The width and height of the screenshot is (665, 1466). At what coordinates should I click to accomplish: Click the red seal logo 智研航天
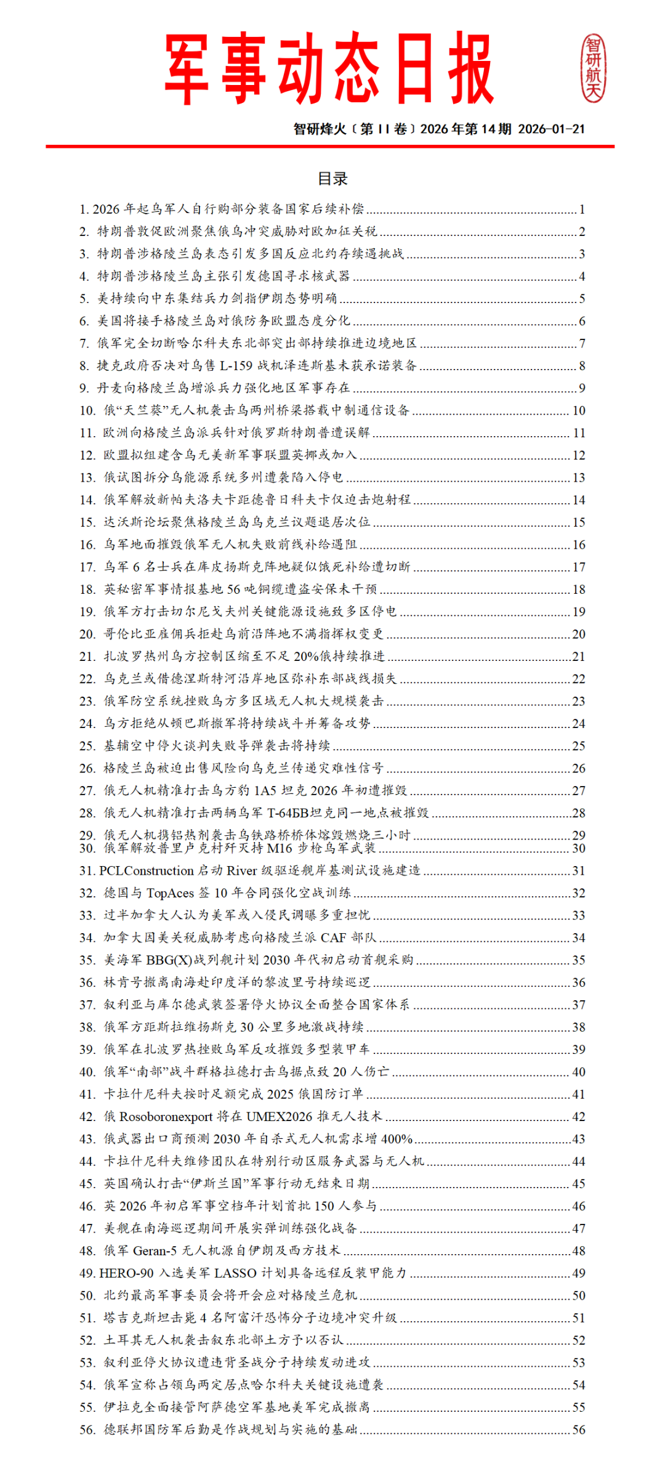[594, 68]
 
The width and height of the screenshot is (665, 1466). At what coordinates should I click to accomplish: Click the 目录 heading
[332, 179]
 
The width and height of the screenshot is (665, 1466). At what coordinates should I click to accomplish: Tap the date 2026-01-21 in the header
[551, 129]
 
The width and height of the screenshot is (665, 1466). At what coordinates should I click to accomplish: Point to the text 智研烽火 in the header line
[320, 129]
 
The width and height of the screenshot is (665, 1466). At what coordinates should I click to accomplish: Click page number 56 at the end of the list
[579, 1429]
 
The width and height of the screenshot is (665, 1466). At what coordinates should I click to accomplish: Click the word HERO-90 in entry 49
[126, 1273]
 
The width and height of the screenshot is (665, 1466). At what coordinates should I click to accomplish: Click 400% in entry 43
[397, 1138]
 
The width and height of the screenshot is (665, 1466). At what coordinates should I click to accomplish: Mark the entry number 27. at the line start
[87, 790]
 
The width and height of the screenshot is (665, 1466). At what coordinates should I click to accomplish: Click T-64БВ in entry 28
[288, 812]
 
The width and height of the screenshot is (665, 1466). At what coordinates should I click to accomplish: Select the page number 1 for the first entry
[582, 209]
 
